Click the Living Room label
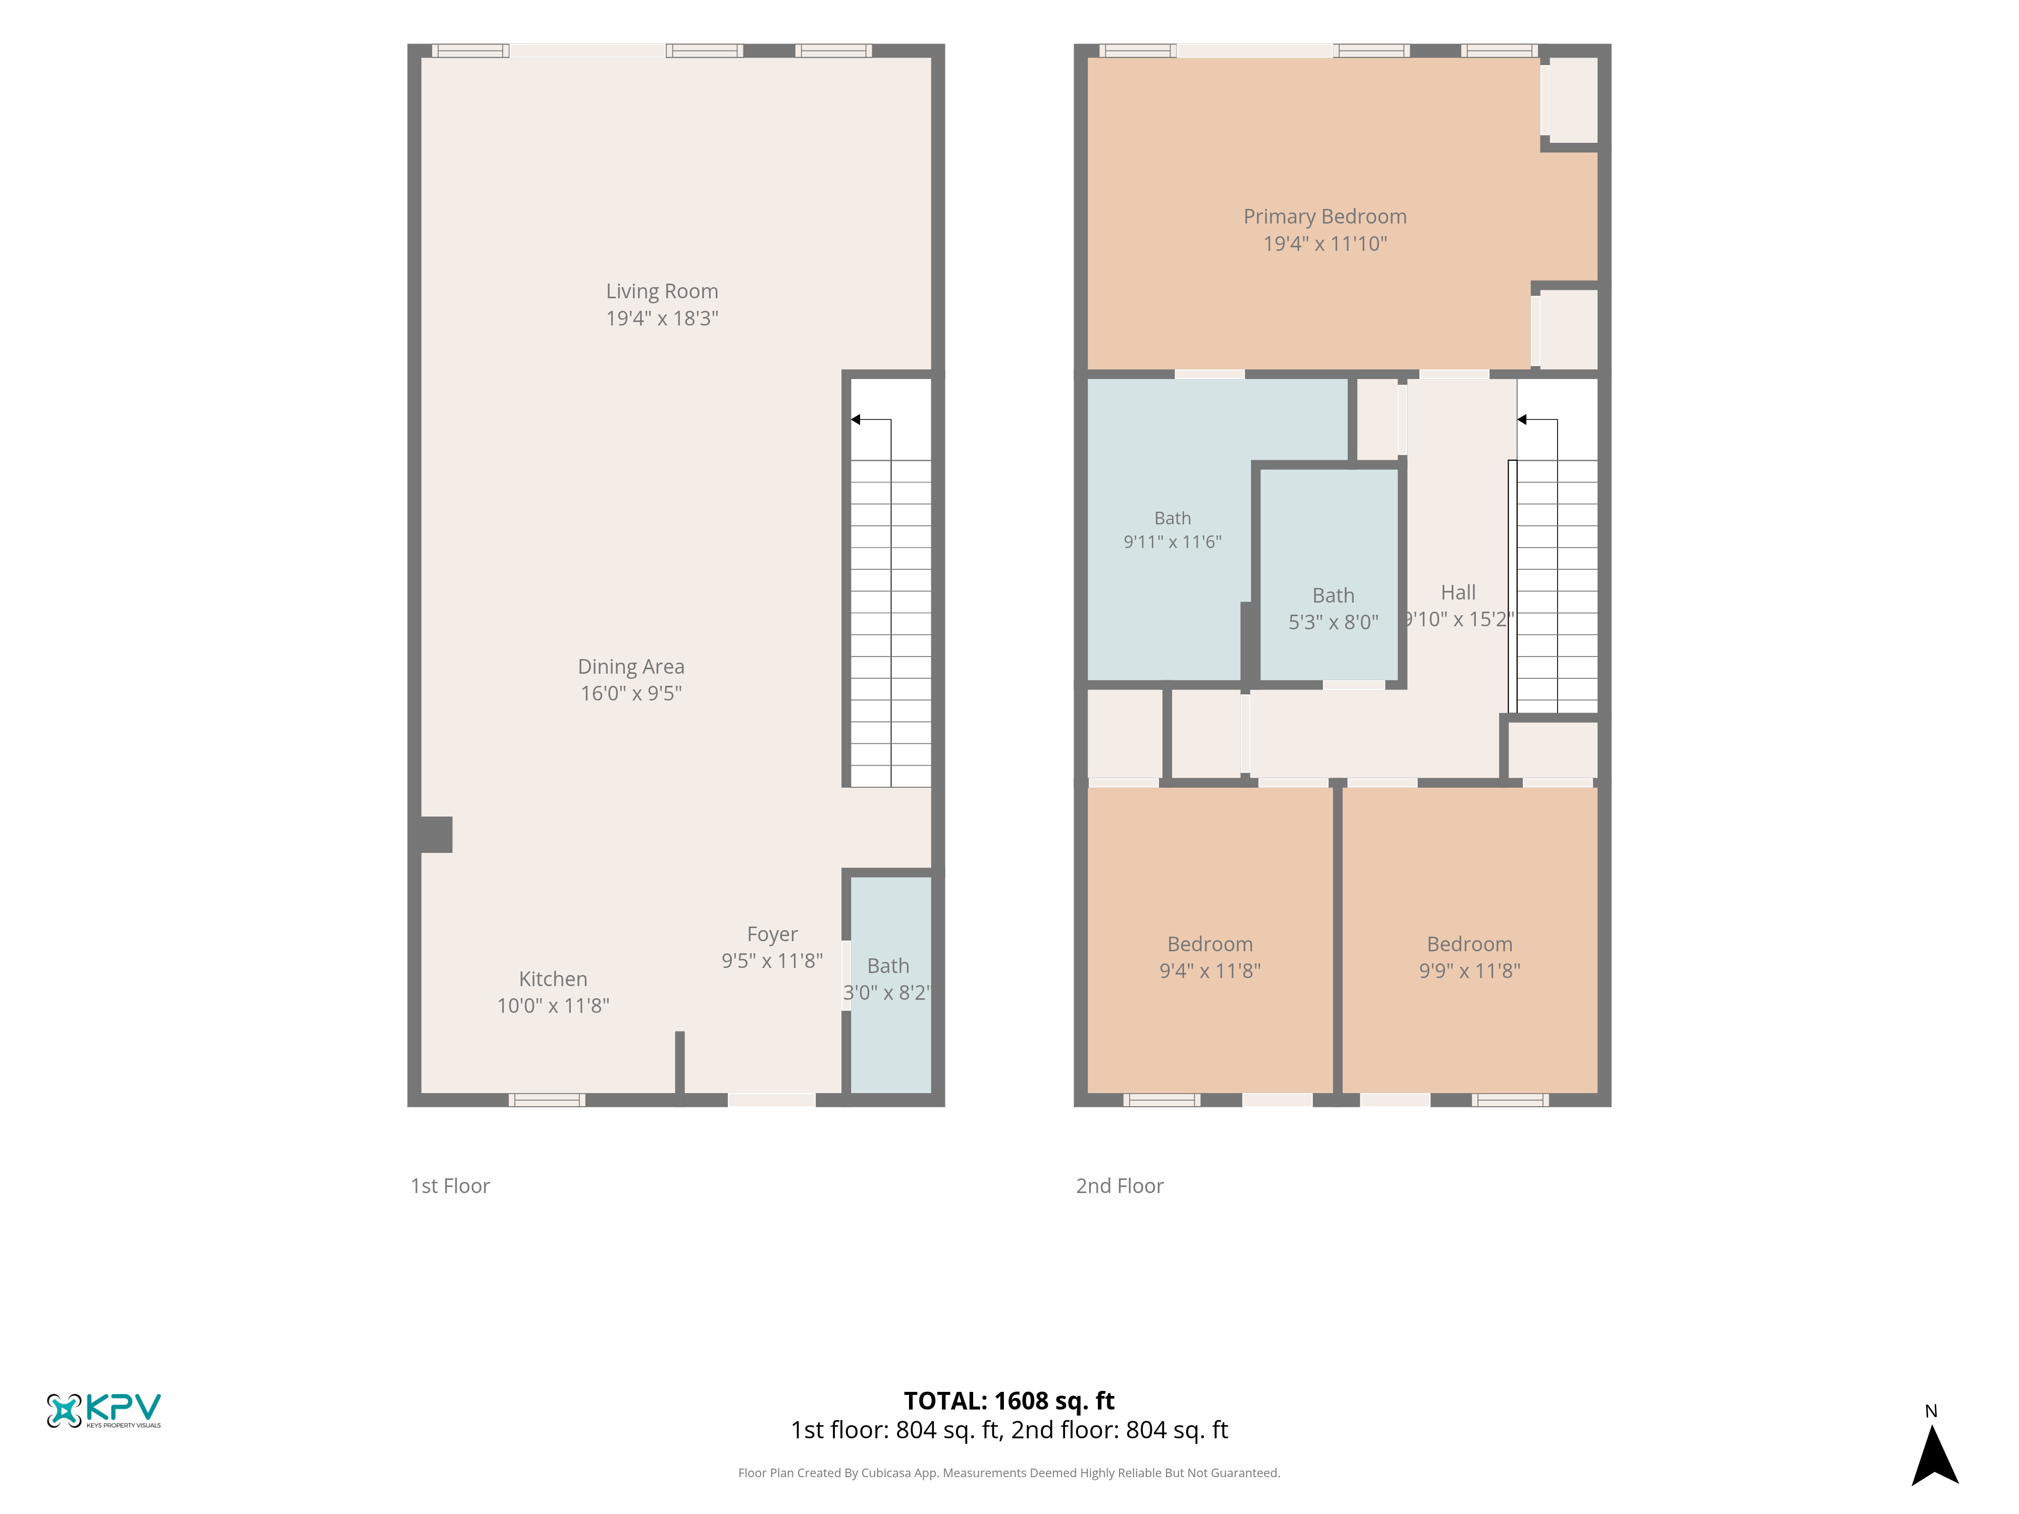tap(662, 291)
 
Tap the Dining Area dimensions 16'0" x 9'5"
tap(631, 693)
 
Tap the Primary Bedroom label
tap(1324, 217)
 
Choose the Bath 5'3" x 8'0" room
tap(1329, 575)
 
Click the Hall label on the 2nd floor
tap(1458, 593)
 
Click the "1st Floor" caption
tap(450, 1185)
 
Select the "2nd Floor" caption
tap(1119, 1185)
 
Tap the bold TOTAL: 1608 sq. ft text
tap(1008, 1401)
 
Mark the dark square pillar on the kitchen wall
tap(436, 834)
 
